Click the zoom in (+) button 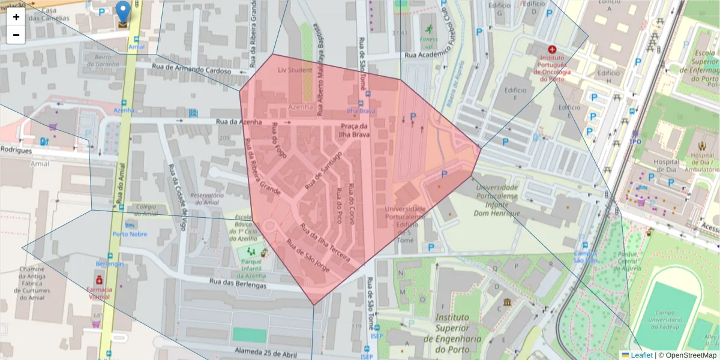(16, 17)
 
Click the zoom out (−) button (16, 35)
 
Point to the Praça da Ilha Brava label (355, 130)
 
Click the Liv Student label (295, 70)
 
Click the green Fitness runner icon (429, 30)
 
